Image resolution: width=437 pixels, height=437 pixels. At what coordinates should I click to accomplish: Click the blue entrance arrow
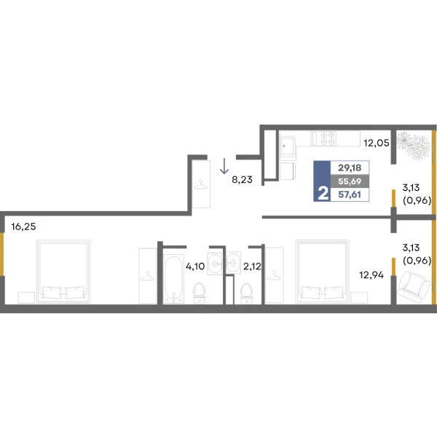click(224, 166)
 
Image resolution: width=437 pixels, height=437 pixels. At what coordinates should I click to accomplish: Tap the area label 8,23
click(242, 180)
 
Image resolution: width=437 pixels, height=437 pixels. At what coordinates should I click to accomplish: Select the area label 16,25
click(24, 227)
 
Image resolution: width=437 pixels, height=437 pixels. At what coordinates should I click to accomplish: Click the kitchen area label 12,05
click(377, 143)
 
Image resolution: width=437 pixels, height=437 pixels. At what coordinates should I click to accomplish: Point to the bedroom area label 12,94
click(371, 275)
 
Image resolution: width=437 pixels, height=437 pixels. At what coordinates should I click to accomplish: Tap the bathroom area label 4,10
click(195, 266)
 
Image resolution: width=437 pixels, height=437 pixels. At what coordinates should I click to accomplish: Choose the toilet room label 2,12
click(252, 266)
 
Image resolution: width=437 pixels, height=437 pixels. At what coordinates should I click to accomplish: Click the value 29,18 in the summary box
click(350, 168)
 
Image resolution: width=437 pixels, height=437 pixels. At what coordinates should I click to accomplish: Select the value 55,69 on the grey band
click(350, 181)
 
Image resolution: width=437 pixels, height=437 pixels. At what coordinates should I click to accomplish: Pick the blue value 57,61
click(350, 194)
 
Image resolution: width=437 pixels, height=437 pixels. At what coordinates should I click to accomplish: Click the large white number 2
click(323, 193)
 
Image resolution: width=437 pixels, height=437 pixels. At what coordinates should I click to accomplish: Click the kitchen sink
click(288, 146)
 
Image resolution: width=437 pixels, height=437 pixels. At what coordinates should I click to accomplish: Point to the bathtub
click(173, 279)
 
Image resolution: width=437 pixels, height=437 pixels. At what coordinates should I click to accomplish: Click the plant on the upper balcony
click(413, 146)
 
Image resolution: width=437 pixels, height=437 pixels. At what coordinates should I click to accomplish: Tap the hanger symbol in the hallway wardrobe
click(201, 184)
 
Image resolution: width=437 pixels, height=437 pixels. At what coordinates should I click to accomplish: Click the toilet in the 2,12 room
click(247, 294)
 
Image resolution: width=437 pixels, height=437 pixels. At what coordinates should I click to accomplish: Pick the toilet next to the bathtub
click(199, 293)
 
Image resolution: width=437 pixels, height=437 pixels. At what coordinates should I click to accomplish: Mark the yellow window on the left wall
click(2, 254)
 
